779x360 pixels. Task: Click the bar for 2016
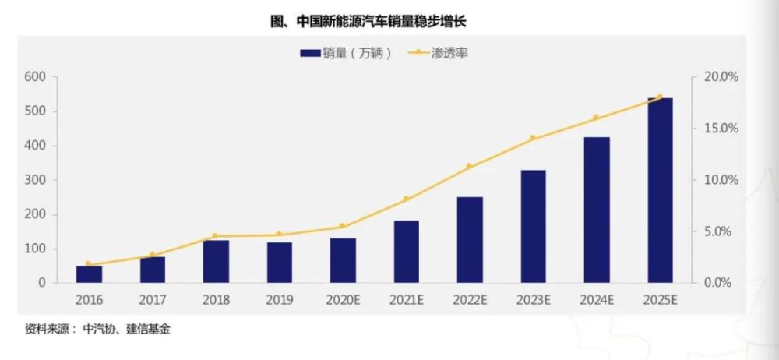[89, 274]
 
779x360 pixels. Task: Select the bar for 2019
[279, 263]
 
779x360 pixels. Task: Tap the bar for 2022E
[470, 240]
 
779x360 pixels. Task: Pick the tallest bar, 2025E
[660, 190]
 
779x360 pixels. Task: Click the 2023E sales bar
[533, 226]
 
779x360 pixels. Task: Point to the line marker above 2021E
[406, 199]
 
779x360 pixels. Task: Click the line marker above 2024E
[596, 118]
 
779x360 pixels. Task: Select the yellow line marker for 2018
[215, 236]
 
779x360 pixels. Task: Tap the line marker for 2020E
[342, 226]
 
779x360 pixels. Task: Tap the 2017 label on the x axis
[153, 300]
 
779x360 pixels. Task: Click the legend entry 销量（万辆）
[347, 53]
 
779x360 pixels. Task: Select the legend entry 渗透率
[438, 53]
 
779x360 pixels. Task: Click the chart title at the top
[368, 21]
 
